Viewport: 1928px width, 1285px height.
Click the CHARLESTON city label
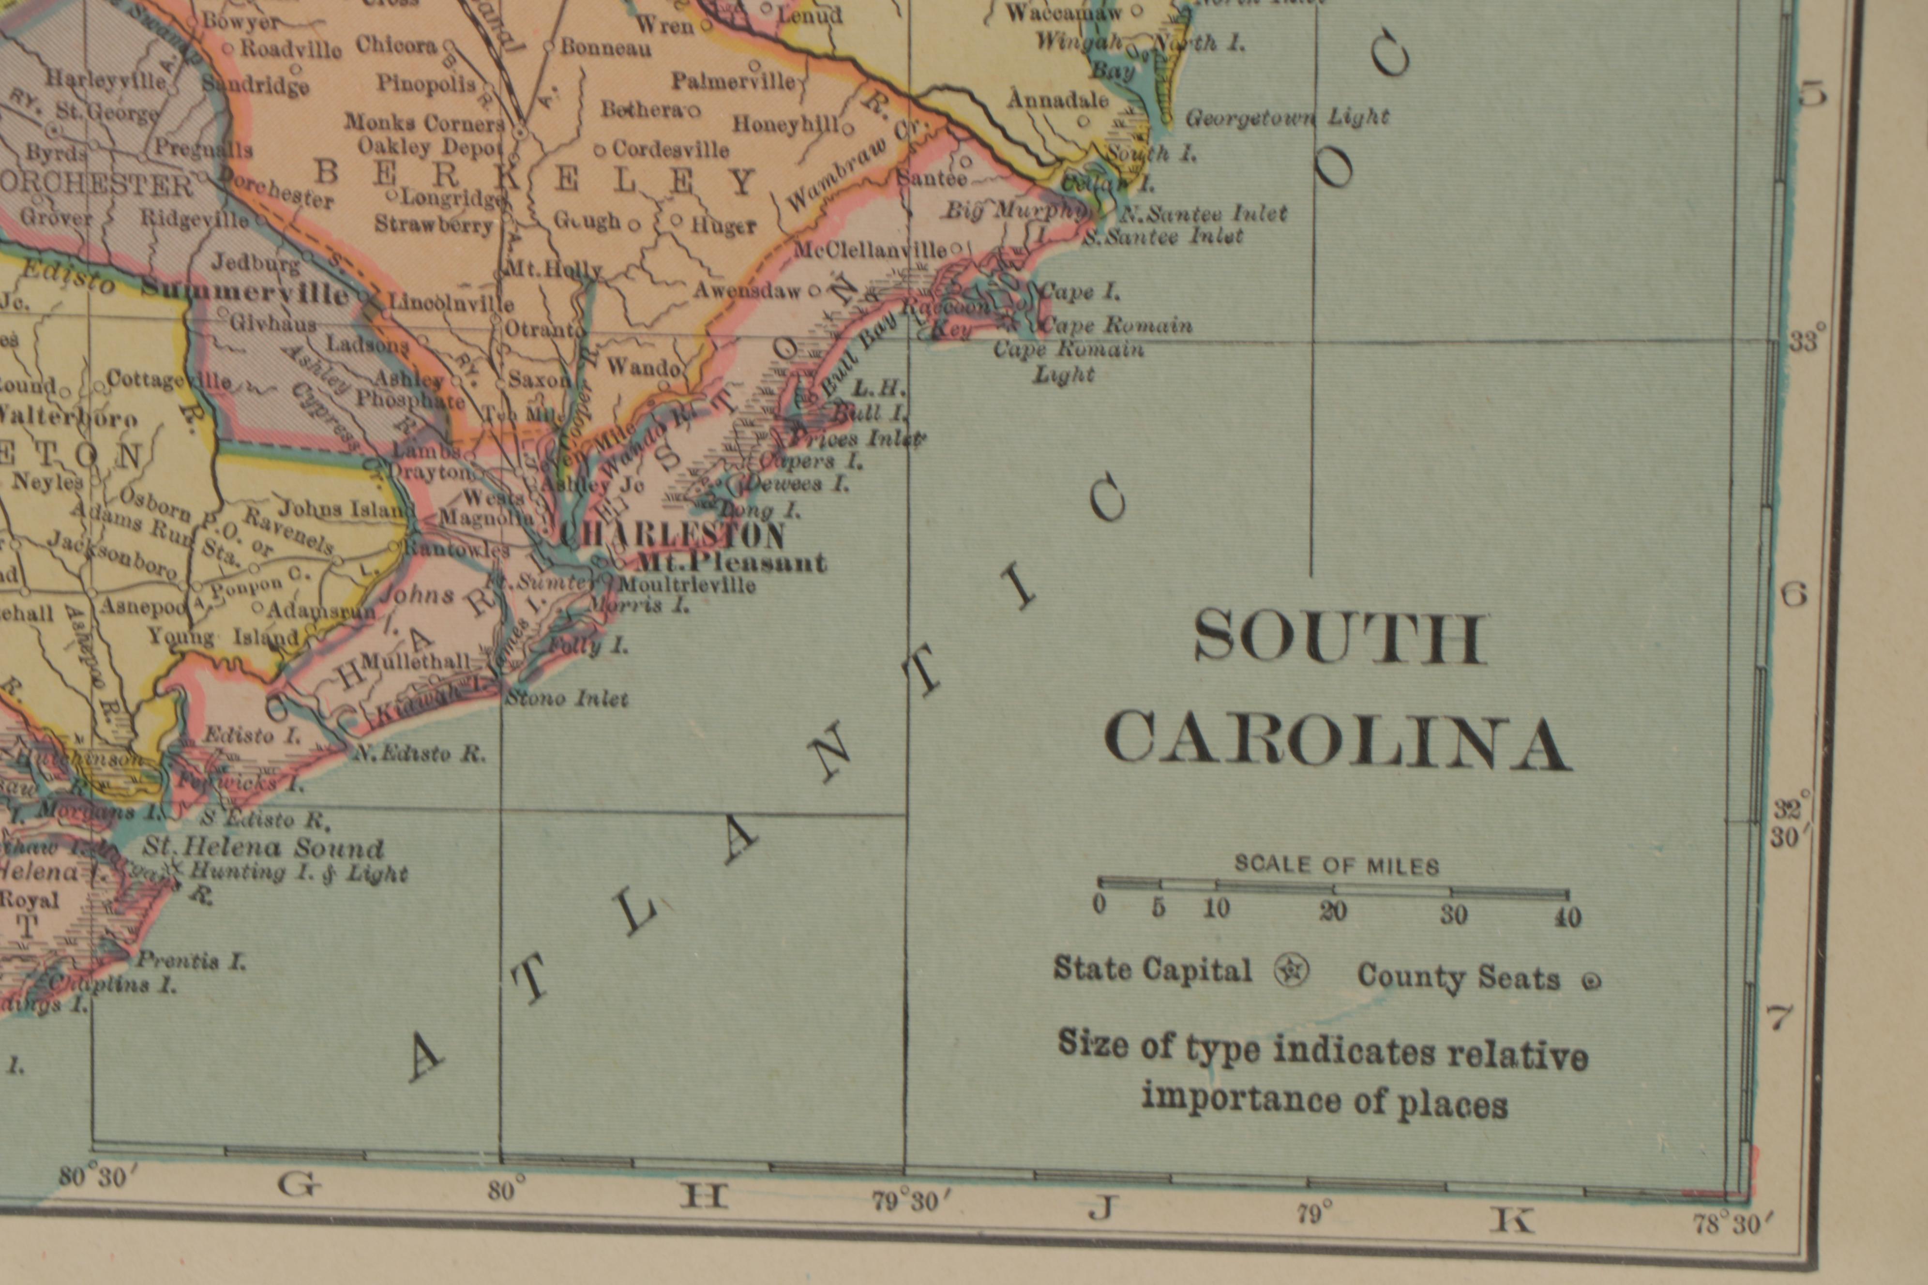(x=672, y=536)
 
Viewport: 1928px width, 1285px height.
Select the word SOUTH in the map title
(x=1340, y=639)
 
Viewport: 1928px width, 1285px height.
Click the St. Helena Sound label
(x=263, y=847)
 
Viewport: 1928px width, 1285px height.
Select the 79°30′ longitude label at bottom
(x=910, y=1201)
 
